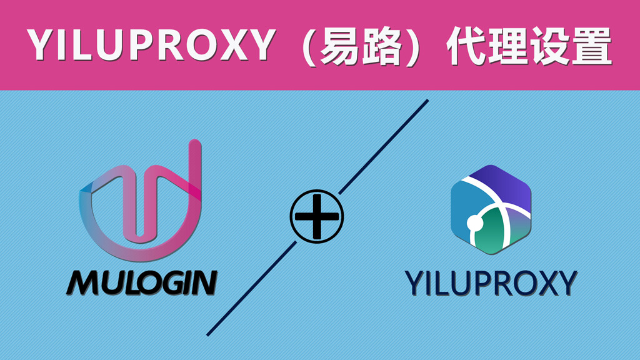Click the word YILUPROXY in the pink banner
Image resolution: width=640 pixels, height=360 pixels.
coord(152,44)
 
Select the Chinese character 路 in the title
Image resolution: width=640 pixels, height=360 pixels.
coord(381,46)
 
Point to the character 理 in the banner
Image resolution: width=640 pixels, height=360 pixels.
coord(509,46)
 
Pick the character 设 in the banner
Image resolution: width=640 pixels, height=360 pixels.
coord(550,46)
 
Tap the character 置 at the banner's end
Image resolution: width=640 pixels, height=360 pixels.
coord(592,46)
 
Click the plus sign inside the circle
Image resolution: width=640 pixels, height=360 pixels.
coord(317,217)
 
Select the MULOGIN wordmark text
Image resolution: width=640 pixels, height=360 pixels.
coord(142,282)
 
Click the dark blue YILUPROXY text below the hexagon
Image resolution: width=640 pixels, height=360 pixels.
coord(491,283)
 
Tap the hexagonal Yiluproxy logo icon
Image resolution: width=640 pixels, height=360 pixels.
coord(491,210)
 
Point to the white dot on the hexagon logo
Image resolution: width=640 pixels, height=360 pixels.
coord(475,223)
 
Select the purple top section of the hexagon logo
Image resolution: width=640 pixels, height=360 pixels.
coord(502,184)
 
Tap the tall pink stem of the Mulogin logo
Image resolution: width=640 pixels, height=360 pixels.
coord(195,171)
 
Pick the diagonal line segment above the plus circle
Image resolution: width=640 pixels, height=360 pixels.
coord(383,146)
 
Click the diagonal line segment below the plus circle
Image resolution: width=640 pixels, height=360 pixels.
coord(252,289)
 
